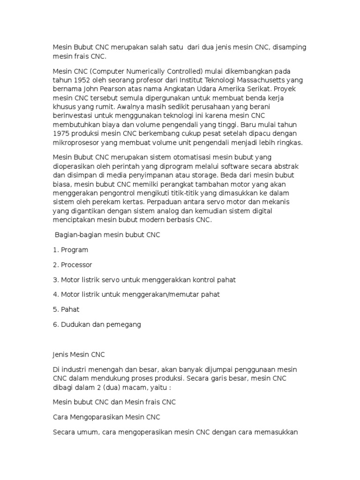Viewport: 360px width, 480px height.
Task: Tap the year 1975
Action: (x=61, y=134)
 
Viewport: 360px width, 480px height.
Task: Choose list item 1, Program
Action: (x=74, y=250)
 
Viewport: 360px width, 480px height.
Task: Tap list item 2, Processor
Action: (x=76, y=265)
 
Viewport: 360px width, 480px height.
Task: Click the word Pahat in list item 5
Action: (x=70, y=310)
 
